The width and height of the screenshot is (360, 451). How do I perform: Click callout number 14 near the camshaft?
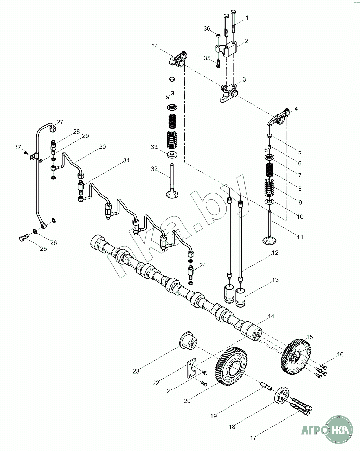(x=271, y=317)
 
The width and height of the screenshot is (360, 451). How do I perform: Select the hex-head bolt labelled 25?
(x=22, y=238)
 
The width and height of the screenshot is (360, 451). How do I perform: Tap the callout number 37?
(x=17, y=147)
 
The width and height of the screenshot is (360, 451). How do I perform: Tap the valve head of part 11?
(x=270, y=240)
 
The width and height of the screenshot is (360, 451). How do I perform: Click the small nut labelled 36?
(x=218, y=35)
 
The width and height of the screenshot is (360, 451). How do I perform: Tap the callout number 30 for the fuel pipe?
(x=102, y=147)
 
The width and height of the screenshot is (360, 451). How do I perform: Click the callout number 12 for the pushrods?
(x=275, y=253)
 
